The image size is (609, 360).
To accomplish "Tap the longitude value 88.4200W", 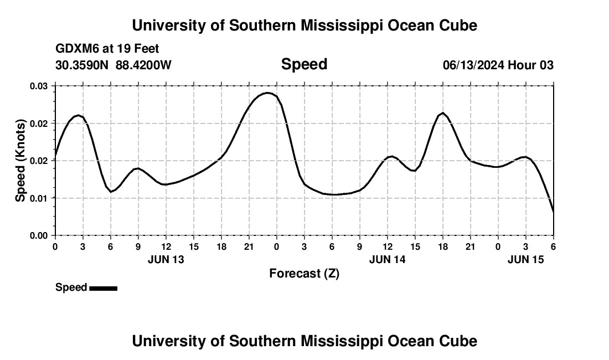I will pyautogui.click(x=143, y=65).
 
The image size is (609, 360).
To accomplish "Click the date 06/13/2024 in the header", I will pyautogui.click(x=473, y=65).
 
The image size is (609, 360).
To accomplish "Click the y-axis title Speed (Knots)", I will pyautogui.click(x=20, y=161).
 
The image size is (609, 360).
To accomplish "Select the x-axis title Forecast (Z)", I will pyautogui.click(x=304, y=273).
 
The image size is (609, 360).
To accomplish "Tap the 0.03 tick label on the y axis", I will pyautogui.click(x=39, y=86).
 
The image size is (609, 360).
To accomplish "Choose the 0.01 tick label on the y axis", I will pyautogui.click(x=39, y=198).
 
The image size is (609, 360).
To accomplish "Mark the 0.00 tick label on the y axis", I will pyautogui.click(x=39, y=235).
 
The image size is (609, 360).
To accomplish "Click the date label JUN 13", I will pyautogui.click(x=166, y=259).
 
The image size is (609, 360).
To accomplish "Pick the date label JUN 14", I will pyautogui.click(x=387, y=259).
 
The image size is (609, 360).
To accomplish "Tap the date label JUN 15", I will pyautogui.click(x=525, y=259).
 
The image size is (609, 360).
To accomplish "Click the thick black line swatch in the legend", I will pyautogui.click(x=103, y=288).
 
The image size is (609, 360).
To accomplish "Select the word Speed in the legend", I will pyautogui.click(x=71, y=287).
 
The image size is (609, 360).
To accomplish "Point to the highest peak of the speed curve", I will pyautogui.click(x=267, y=92).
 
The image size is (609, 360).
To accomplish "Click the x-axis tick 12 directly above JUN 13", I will pyautogui.click(x=166, y=246).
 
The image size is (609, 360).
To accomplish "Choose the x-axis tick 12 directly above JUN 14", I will pyautogui.click(x=387, y=246).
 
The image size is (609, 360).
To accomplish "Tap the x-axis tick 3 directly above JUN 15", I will pyautogui.click(x=525, y=246).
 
